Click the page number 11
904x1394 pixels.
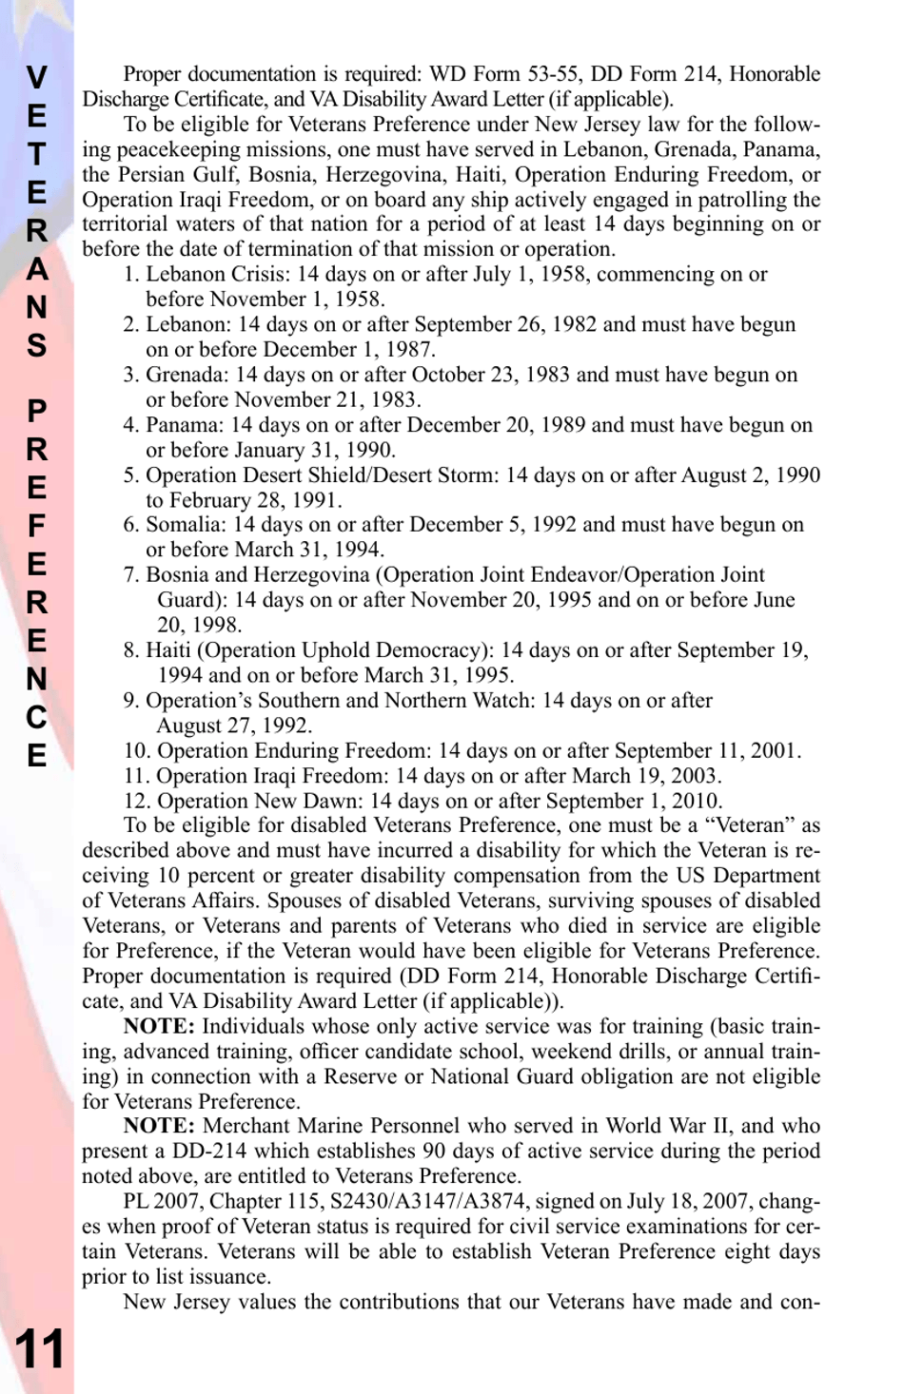pyautogui.click(x=39, y=1348)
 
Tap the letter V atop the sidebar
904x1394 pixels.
pyautogui.click(x=36, y=78)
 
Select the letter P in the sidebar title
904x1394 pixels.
pyautogui.click(x=36, y=411)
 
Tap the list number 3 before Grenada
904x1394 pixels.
pyautogui.click(x=131, y=375)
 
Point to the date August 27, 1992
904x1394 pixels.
pyautogui.click(x=234, y=726)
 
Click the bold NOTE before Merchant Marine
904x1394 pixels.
pyautogui.click(x=159, y=1126)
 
